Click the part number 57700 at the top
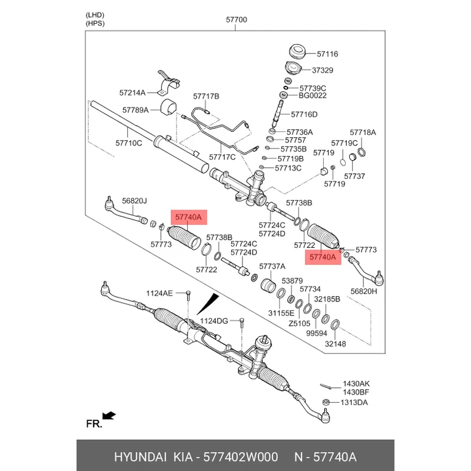tap(237, 19)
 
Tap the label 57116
tap(327, 54)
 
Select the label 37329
tap(323, 69)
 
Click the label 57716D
tap(304, 114)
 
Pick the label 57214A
tap(132, 92)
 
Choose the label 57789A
tap(135, 110)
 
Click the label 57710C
tap(128, 142)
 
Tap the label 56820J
tap(134, 201)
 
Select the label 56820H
tap(364, 291)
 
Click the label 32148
tap(336, 344)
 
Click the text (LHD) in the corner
tap(94, 15)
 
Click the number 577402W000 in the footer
tap(241, 457)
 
